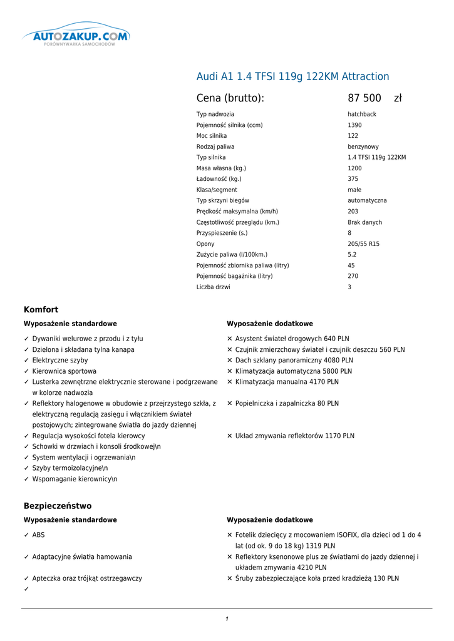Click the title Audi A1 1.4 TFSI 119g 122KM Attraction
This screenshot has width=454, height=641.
pyautogui.click(x=292, y=76)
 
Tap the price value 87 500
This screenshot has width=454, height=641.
pyautogui.click(x=364, y=98)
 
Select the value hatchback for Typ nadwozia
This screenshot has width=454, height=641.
pyautogui.click(x=362, y=115)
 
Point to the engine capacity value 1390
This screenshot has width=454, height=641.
pyautogui.click(x=354, y=125)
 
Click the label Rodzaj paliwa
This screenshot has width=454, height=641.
pyautogui.click(x=215, y=146)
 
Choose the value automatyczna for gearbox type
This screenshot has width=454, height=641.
pyautogui.click(x=367, y=200)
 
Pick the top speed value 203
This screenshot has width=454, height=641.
pyautogui.click(x=353, y=212)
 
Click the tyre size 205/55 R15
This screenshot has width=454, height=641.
pyautogui.click(x=363, y=244)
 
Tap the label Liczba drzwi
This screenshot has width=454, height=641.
pyautogui.click(x=213, y=287)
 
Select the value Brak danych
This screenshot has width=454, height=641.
pyautogui.click(x=364, y=222)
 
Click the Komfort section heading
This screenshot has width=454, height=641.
pyautogui.click(x=41, y=310)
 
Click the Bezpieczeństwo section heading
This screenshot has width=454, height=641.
pyautogui.click(x=58, y=506)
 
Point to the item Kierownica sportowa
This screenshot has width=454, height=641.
pyautogui.click(x=64, y=371)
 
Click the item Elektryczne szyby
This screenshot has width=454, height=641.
pyautogui.click(x=60, y=361)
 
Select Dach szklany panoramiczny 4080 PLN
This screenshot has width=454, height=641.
pyautogui.click(x=294, y=361)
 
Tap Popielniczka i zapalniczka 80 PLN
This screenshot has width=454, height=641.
pyautogui.click(x=287, y=404)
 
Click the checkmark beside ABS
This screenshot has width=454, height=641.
pyautogui.click(x=26, y=535)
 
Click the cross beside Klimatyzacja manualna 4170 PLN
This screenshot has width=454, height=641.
pyautogui.click(x=230, y=382)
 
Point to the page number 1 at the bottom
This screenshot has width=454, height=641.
pyautogui.click(x=227, y=619)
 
